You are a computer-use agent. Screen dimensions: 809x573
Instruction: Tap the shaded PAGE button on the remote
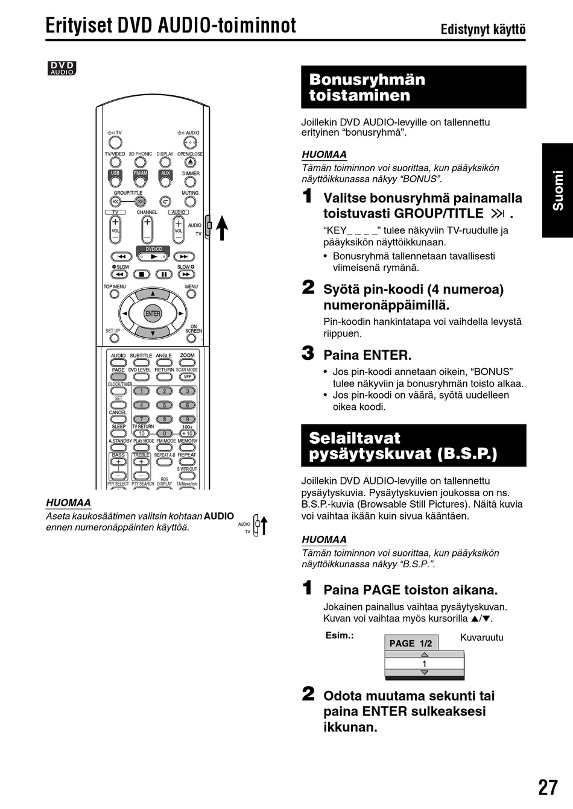[118, 377]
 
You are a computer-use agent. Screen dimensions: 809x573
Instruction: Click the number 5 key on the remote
[164, 405]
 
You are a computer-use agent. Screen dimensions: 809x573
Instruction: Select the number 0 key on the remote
[164, 433]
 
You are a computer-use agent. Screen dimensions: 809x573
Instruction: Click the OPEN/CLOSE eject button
[191, 162]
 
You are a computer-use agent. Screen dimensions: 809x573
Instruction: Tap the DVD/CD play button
[154, 257]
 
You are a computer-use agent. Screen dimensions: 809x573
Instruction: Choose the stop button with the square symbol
[142, 274]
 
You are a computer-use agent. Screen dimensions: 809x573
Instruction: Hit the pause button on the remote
[164, 274]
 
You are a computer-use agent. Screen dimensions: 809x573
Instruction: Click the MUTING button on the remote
[191, 201]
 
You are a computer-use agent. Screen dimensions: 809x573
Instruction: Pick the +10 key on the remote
[188, 433]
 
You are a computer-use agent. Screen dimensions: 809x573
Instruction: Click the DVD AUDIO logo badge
[62, 69]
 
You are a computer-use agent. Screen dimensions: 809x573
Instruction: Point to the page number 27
[548, 787]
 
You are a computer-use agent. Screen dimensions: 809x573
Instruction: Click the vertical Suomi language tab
[557, 190]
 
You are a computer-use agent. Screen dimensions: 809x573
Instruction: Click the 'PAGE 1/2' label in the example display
[411, 643]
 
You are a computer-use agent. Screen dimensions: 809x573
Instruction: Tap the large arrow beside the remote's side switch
[222, 228]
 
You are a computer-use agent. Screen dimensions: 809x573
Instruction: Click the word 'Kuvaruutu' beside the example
[481, 637]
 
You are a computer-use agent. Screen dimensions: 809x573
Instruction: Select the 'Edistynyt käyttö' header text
[483, 30]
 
